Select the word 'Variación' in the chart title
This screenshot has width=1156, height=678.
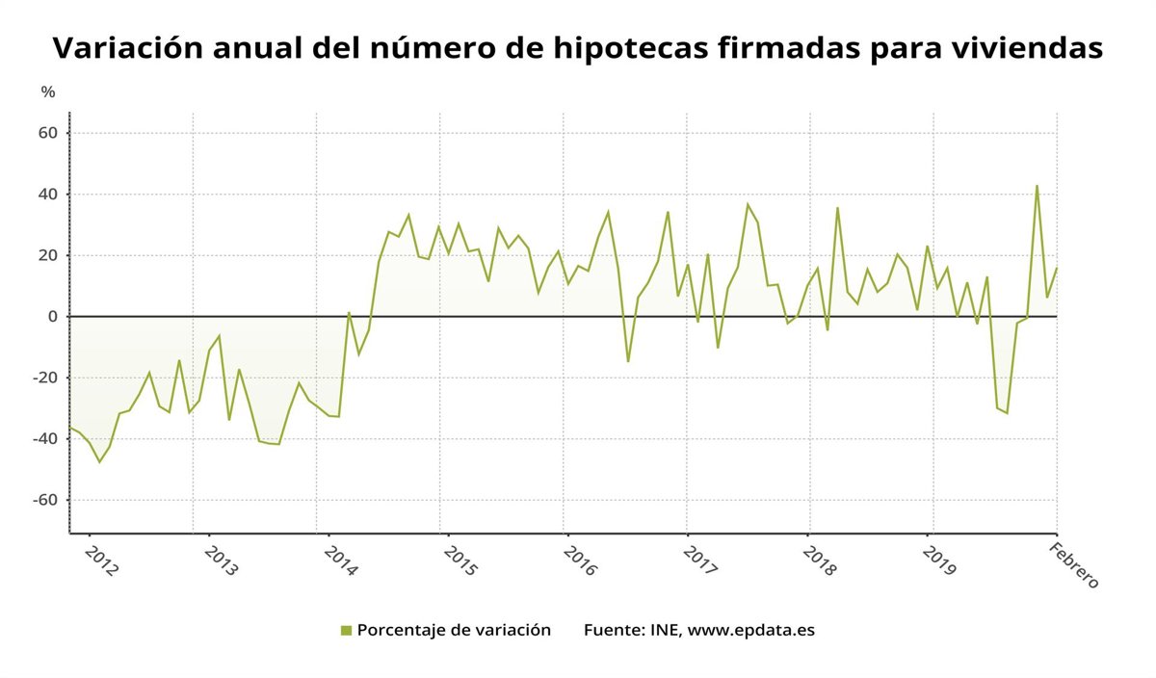tap(128, 47)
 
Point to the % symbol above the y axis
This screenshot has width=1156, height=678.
tap(48, 92)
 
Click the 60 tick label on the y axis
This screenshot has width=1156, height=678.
tap(47, 133)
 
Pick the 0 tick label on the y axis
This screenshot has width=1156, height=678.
tap(53, 317)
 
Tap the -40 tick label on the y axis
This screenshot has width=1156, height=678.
tap(45, 439)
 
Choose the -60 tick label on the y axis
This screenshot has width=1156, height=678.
tap(45, 500)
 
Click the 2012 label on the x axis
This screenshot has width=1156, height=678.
tap(102, 561)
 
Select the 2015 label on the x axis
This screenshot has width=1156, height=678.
tap(460, 561)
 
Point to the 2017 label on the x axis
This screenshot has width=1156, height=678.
tap(699, 561)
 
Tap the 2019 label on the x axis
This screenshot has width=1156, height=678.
tap(939, 561)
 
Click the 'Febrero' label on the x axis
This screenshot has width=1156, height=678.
tap(1073, 566)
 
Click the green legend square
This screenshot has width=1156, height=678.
tap(346, 631)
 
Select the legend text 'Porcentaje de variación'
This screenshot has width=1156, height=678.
tap(454, 631)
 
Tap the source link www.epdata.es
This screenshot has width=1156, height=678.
tap(751, 631)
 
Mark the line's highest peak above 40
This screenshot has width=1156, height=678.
tap(1037, 186)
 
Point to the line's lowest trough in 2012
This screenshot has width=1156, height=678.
tap(99, 462)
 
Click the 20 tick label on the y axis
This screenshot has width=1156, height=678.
tap(47, 255)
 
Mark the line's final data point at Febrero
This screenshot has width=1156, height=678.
tap(1057, 269)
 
